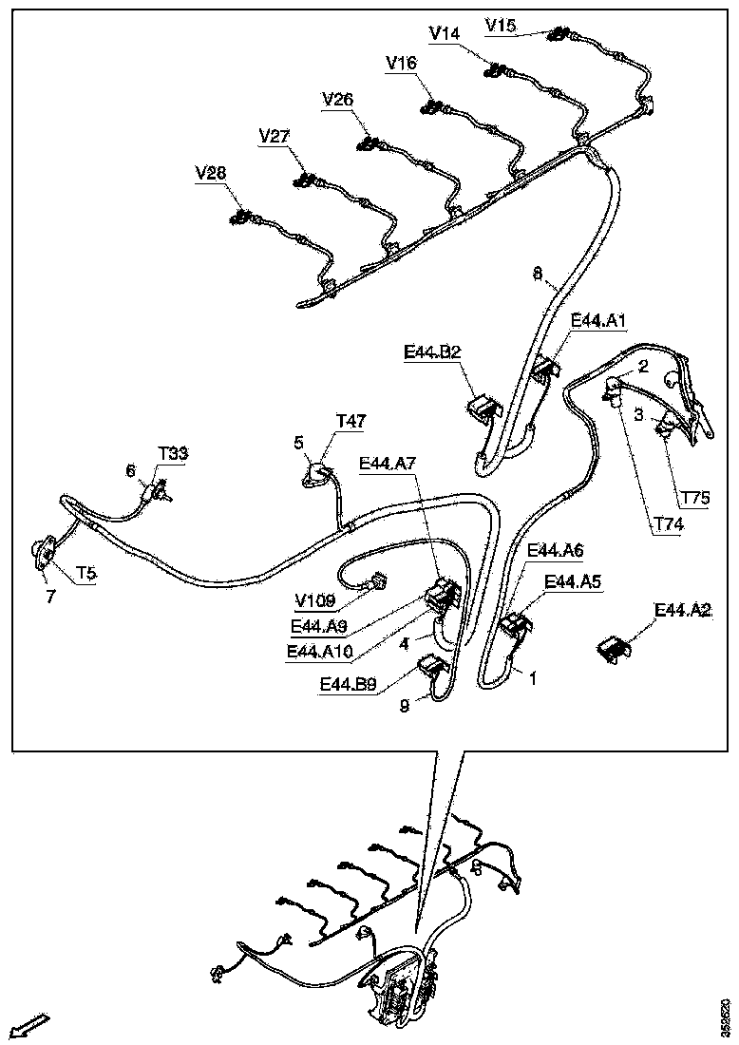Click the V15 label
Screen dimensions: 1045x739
coord(501,24)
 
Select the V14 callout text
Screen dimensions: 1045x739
coord(445,33)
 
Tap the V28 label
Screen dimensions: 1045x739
coord(211,172)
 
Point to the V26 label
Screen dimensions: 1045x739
coord(338,99)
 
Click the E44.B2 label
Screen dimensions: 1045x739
coord(432,352)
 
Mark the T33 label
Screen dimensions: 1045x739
coord(173,453)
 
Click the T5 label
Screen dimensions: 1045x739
coord(86,573)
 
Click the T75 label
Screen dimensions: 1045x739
coord(696,496)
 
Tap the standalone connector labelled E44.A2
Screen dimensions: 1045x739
coord(614,648)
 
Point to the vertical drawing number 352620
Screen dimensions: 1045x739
coord(726,1016)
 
